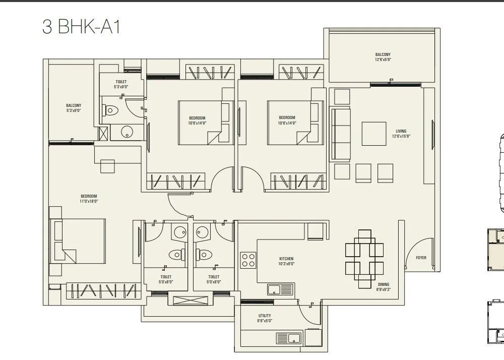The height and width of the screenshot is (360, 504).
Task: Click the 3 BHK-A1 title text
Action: pyautogui.click(x=81, y=26)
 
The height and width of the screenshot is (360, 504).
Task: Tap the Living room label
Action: pyautogui.click(x=401, y=134)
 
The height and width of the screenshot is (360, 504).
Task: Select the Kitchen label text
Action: pyautogui.click(x=286, y=261)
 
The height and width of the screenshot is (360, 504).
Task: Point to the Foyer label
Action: pyautogui.click(x=421, y=258)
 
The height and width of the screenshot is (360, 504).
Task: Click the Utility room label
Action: pyautogui.click(x=265, y=318)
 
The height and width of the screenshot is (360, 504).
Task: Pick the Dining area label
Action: pyautogui.click(x=383, y=287)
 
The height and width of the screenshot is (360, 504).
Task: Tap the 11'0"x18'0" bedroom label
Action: pyautogui.click(x=89, y=199)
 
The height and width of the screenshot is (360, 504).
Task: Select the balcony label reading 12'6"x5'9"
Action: pyautogui.click(x=383, y=57)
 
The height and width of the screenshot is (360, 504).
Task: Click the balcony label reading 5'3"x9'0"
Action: pyautogui.click(x=74, y=108)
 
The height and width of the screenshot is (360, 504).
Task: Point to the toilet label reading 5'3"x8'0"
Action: pyautogui.click(x=121, y=84)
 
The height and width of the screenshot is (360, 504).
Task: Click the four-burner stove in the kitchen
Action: pyautogui.click(x=248, y=260)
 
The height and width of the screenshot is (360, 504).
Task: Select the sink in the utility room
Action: pyautogui.click(x=288, y=338)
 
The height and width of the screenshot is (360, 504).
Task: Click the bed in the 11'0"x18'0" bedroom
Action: pyautogui.click(x=78, y=241)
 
